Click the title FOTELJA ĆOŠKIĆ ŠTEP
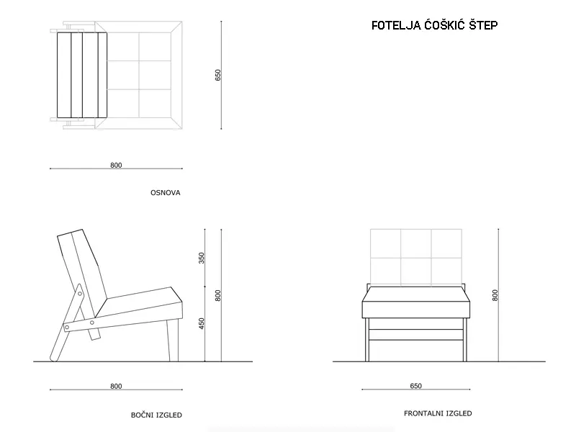[435, 25]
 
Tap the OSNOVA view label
[166, 192]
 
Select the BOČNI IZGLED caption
[156, 415]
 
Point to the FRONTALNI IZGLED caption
[438, 413]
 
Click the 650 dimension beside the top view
[218, 75]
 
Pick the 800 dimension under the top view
[116, 166]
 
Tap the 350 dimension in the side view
[202, 258]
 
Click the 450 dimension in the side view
[202, 323]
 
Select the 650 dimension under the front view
[416, 386]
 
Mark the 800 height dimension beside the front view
[495, 295]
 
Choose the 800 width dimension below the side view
[116, 386]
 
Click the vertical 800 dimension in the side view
[218, 295]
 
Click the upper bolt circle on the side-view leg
[80, 294]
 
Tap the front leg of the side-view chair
[173, 340]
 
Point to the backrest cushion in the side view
[82, 273]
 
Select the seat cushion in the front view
[416, 302]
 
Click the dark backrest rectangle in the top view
[82, 75]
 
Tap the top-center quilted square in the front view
[416, 243]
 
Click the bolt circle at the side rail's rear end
[67, 327]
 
